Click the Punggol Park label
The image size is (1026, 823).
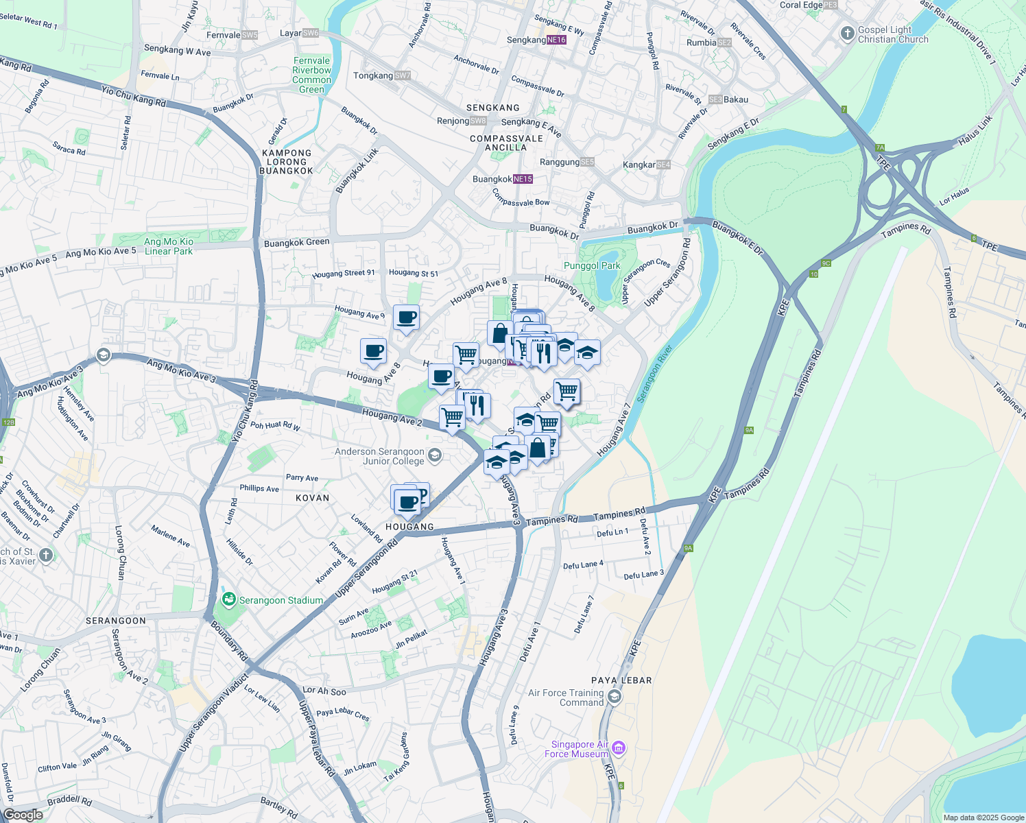tap(591, 266)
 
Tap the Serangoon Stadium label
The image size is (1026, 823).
tap(281, 600)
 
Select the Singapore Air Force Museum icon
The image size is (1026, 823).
tap(619, 748)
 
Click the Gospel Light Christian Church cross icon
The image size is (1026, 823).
tap(847, 33)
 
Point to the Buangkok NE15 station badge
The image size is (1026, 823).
tap(523, 179)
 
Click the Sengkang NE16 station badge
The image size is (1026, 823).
tap(556, 40)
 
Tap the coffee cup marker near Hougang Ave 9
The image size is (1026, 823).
tap(407, 318)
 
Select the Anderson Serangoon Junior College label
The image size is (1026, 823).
tap(380, 456)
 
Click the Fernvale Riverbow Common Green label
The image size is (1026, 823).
tap(311, 75)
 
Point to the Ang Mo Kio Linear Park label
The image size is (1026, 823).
tap(169, 246)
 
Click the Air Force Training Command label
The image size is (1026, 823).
tap(566, 697)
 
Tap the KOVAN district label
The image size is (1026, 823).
tap(313, 498)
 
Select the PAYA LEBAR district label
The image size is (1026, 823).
tap(621, 680)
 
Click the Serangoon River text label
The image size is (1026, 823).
tap(654, 373)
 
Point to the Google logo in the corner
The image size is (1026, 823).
tap(23, 815)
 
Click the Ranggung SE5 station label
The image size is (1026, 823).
tap(566, 162)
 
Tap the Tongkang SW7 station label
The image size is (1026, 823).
tap(381, 75)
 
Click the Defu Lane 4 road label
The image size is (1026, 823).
tap(583, 565)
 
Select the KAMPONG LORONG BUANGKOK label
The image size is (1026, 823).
tap(287, 162)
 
